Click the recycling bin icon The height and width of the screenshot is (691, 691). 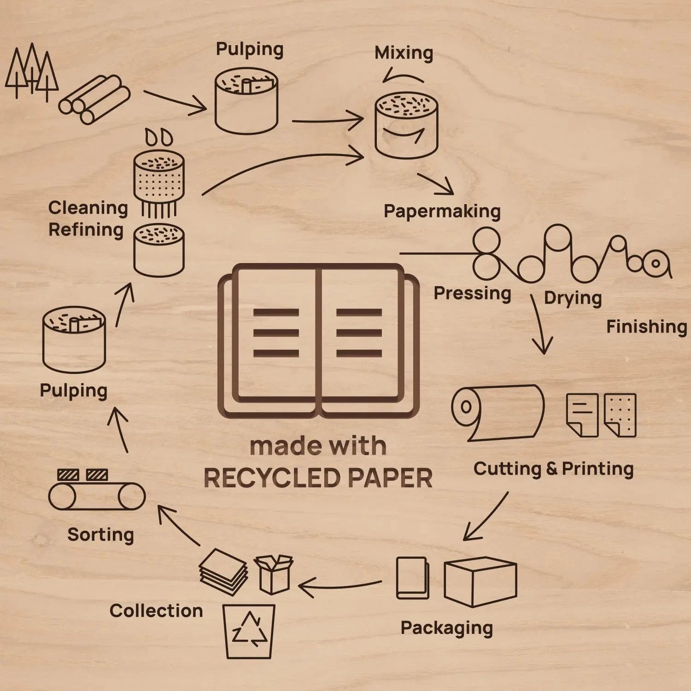coord(249,631)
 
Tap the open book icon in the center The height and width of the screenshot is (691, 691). coord(318,341)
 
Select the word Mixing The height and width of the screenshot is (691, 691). coord(404,53)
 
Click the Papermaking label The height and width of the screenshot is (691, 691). coord(442,211)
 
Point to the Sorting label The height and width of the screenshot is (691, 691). coord(100,535)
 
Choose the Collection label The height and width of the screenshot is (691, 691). coord(156,611)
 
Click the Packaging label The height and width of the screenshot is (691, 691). coord(446,628)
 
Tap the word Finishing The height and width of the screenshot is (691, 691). coord(646,327)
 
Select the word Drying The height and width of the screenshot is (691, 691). coord(573,298)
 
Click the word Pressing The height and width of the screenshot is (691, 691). coord(472,293)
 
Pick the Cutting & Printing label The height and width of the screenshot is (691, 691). coord(553,468)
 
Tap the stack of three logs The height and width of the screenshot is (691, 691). coord(95,100)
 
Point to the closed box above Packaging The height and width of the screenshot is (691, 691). coord(480,581)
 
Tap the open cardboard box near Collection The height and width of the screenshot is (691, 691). coord(274,574)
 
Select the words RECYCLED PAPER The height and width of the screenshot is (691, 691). coord(318,478)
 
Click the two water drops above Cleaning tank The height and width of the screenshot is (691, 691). coord(159,137)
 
